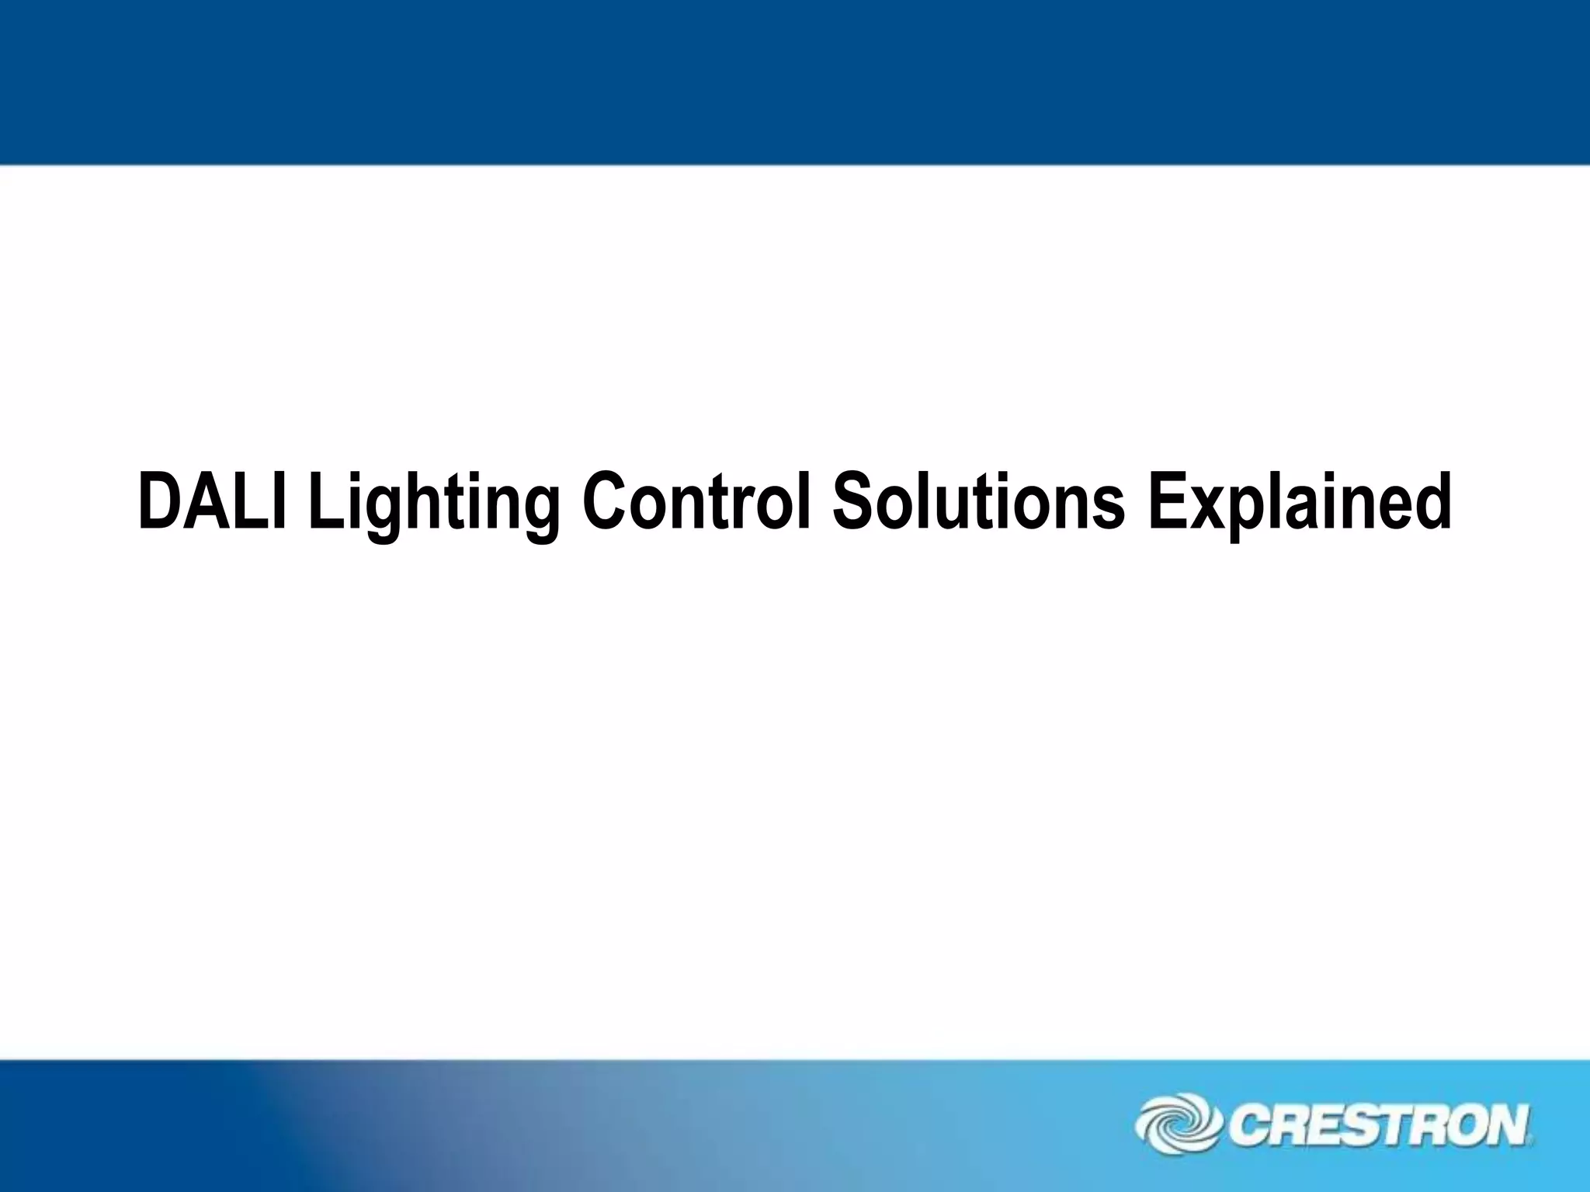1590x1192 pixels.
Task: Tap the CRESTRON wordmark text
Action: (x=1378, y=1126)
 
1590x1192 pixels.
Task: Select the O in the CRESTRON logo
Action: (x=1466, y=1126)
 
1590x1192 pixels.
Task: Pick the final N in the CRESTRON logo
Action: (x=1507, y=1126)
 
